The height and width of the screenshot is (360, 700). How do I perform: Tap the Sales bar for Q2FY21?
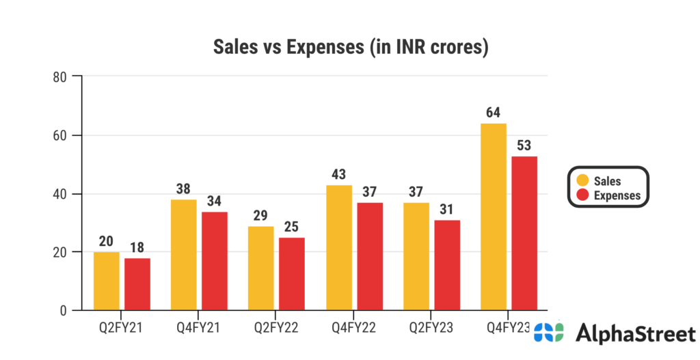(106, 281)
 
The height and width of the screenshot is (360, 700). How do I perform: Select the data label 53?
(524, 146)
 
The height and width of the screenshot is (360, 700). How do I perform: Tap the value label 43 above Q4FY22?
(338, 174)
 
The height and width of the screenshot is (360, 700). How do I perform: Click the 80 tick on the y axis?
(59, 77)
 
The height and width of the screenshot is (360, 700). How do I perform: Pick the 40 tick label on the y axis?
(59, 194)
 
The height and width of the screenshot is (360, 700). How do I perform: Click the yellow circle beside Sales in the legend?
(583, 181)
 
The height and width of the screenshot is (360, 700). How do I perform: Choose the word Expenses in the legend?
(617, 195)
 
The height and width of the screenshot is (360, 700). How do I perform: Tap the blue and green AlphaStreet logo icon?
(550, 333)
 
